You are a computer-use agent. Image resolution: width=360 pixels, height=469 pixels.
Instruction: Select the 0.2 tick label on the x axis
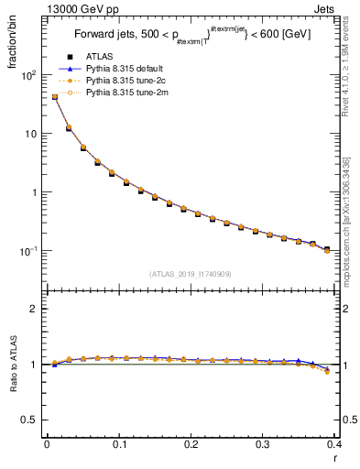pos(191,446)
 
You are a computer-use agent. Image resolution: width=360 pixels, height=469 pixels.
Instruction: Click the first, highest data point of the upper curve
pos(54,96)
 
